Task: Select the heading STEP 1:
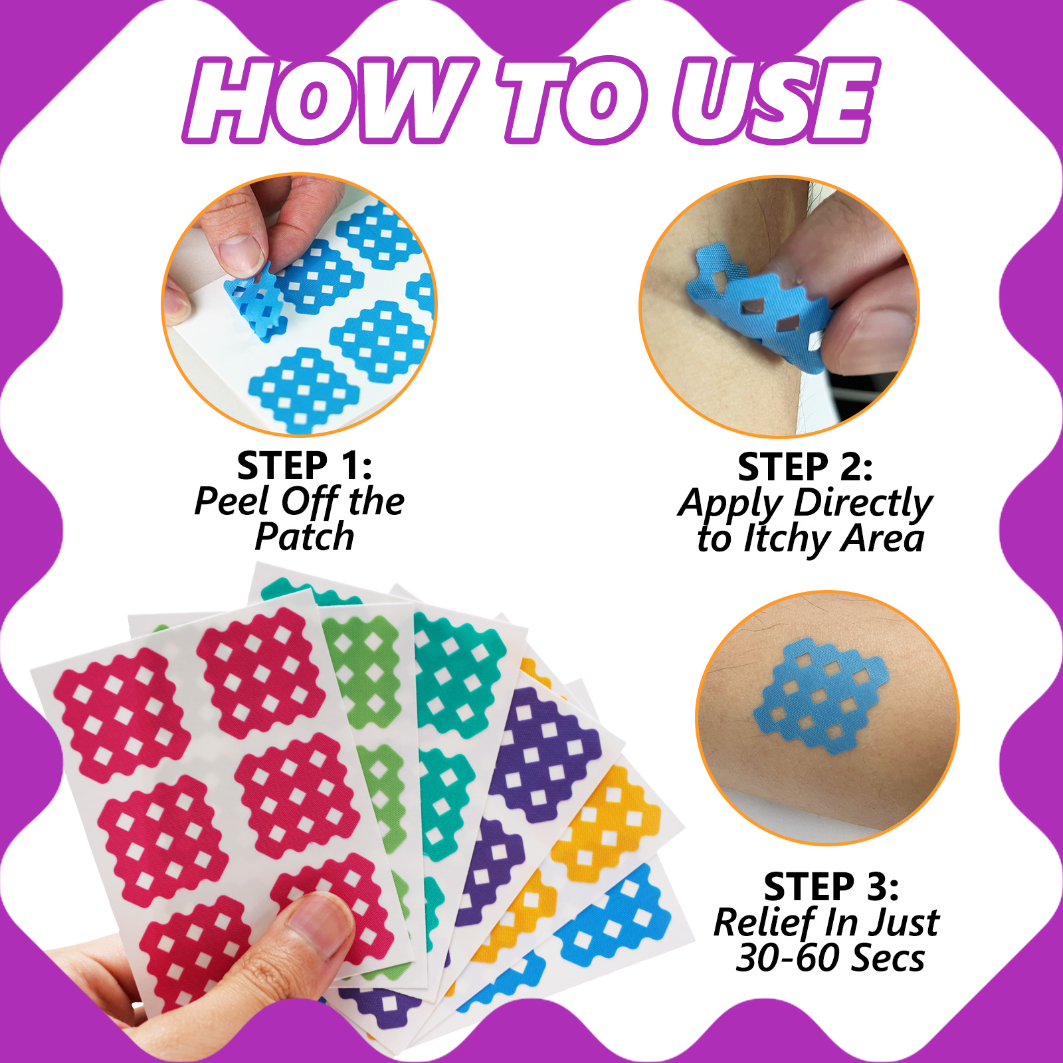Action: coord(304,466)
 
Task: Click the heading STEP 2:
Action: coord(805,467)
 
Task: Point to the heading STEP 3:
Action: coord(831,887)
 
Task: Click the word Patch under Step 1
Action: coord(304,537)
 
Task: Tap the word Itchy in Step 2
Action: coord(786,539)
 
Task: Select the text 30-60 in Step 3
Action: coord(788,958)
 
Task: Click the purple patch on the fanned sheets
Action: coord(545,744)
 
